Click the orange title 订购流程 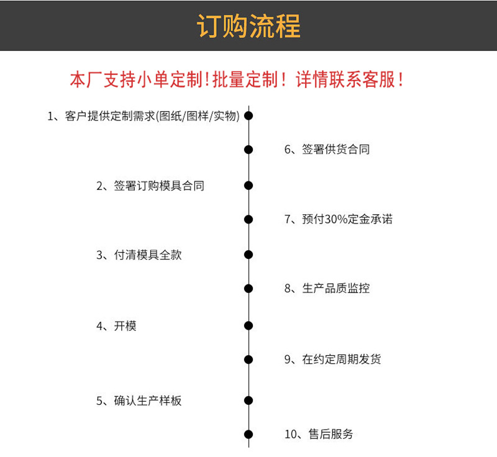(248, 26)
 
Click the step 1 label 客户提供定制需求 (144, 115)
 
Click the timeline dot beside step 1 (248, 115)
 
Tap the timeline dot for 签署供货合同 (248, 150)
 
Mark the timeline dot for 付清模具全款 (248, 255)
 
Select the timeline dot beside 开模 (248, 326)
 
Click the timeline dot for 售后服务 (248, 435)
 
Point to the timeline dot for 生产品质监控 (248, 289)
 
